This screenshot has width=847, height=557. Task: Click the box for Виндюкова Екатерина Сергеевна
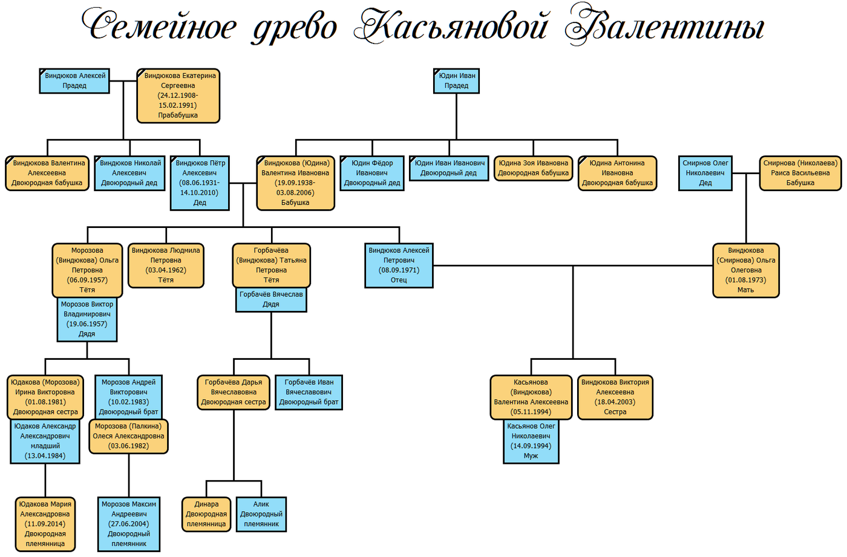178,96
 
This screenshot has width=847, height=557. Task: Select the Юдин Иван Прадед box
456,80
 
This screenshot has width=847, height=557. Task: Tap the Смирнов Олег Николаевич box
705,173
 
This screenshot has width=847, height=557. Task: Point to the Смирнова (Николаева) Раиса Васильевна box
800,173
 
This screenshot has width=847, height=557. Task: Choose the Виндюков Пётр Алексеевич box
200,183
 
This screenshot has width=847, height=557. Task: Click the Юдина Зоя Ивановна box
533,168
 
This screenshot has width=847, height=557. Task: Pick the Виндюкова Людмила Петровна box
166,265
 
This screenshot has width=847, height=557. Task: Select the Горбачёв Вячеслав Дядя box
271,299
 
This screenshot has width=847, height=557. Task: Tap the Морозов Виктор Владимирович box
87,319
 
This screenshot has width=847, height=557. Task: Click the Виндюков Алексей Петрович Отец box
399,265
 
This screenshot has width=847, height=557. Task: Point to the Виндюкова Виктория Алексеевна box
615,397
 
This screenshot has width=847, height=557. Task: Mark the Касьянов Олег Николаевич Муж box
531,441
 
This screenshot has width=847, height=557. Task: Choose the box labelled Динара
206,514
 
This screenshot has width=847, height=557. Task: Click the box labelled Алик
261,514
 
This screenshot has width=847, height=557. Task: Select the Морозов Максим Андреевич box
129,524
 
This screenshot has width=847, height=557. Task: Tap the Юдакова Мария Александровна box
45,524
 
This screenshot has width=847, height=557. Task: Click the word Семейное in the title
159,26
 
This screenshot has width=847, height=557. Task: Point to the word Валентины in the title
664,26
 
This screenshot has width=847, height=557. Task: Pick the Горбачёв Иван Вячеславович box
309,392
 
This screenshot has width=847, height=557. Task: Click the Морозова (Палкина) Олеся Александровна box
129,436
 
